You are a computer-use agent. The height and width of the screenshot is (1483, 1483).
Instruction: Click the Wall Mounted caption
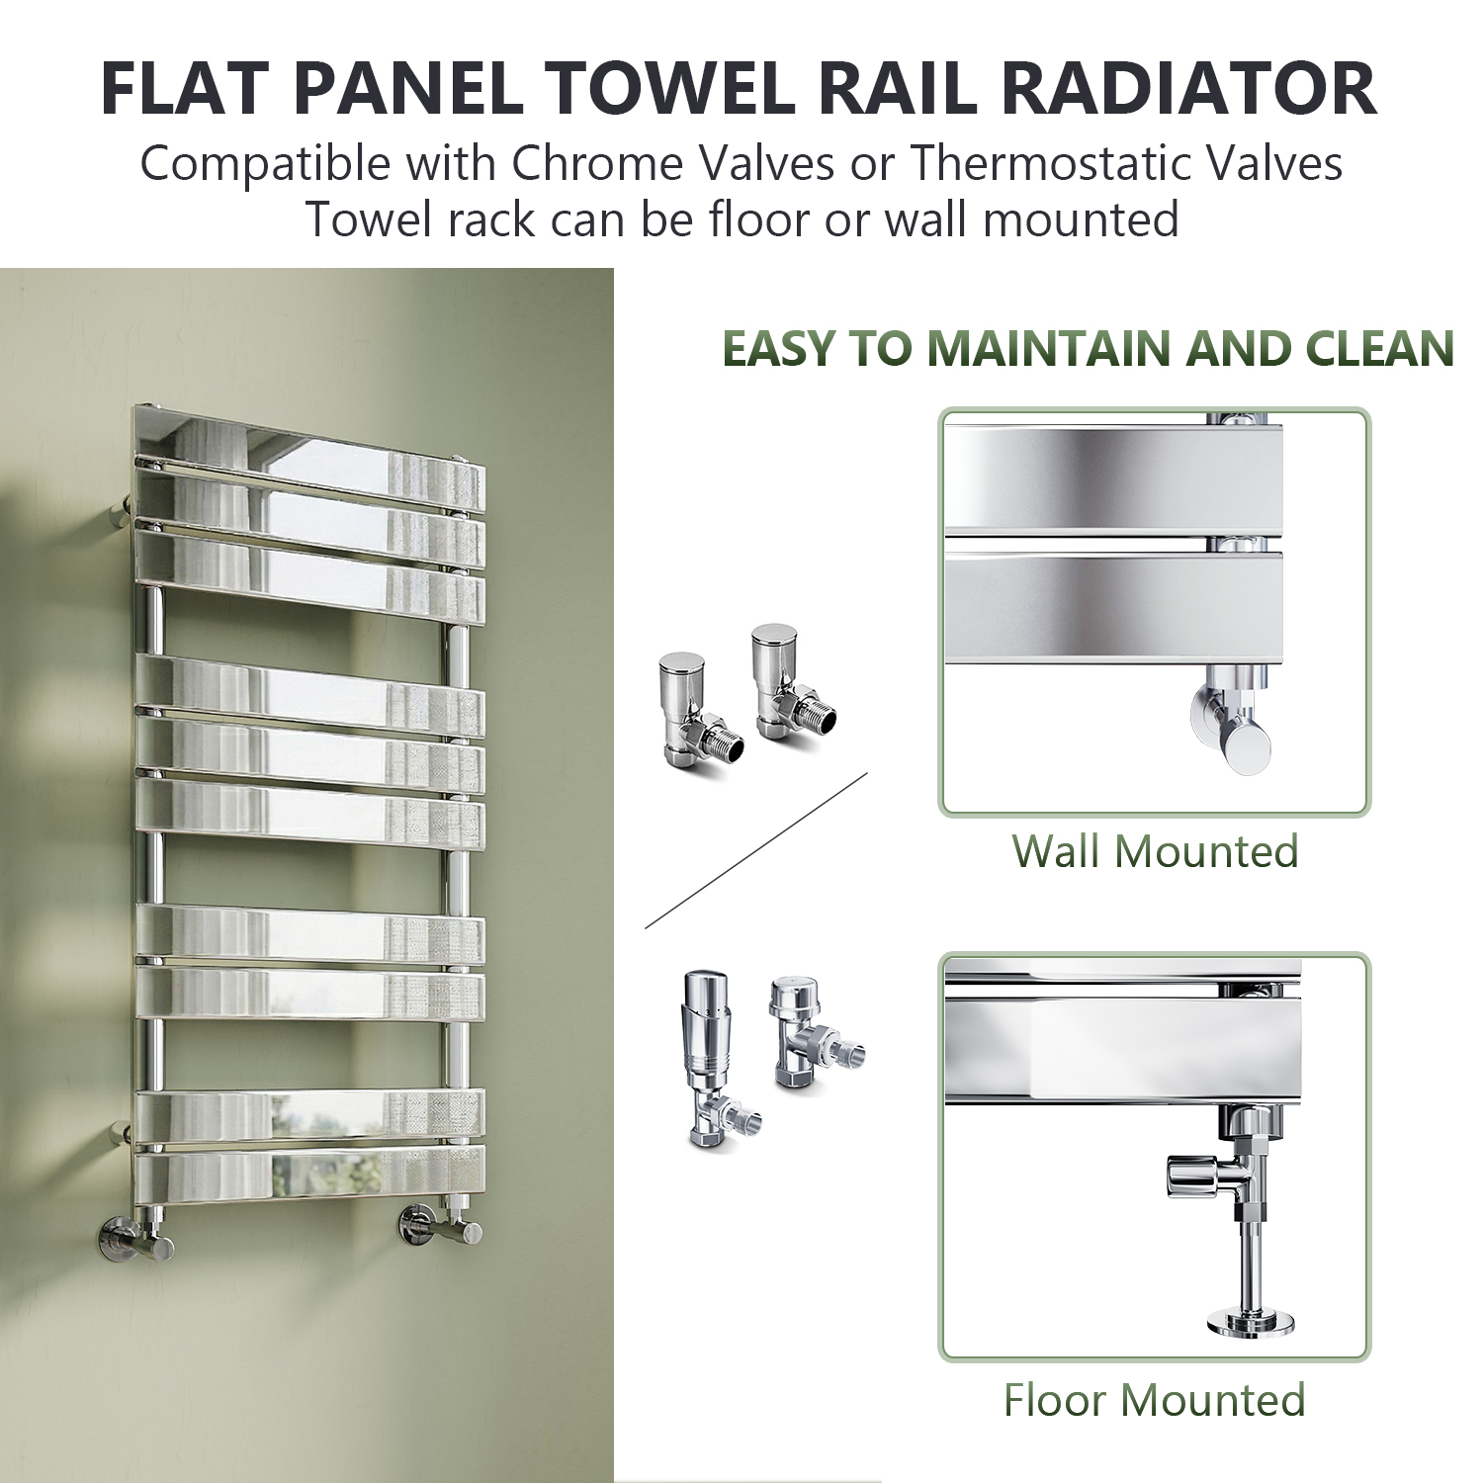point(1155,850)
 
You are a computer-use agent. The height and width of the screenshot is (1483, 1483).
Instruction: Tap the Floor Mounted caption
point(1155,1400)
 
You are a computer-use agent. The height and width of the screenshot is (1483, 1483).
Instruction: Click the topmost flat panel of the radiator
point(309,435)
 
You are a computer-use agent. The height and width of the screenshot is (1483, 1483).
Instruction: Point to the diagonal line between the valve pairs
point(756,850)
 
